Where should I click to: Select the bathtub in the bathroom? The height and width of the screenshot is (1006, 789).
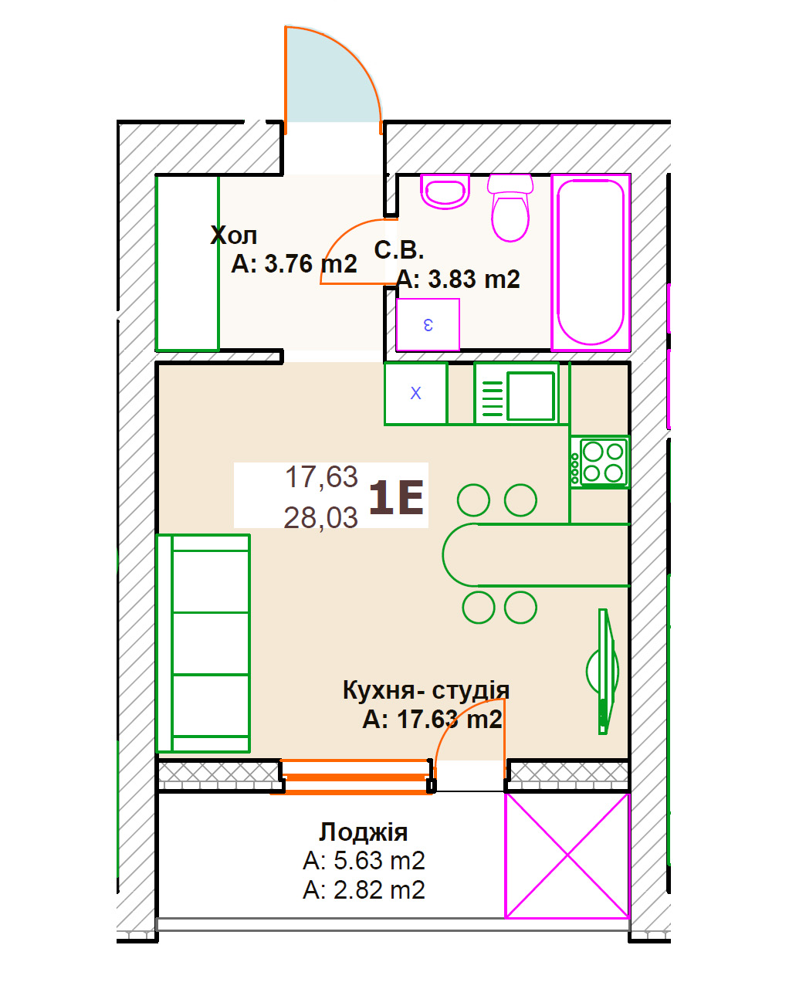(591, 262)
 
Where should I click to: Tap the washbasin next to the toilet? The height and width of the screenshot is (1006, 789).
(445, 191)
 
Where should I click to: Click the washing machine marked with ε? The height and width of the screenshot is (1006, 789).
(428, 324)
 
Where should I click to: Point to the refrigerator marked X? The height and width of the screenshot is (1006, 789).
(415, 393)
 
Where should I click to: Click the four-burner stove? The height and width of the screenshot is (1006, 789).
(600, 462)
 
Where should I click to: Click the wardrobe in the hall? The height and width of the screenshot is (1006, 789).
(188, 263)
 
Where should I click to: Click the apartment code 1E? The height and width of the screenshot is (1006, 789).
(396, 498)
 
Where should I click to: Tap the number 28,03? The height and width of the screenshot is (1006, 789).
(320, 517)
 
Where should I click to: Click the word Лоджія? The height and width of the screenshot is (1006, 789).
(364, 832)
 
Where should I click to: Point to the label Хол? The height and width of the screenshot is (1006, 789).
(234, 235)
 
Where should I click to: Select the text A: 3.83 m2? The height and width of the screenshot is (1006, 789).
(459, 279)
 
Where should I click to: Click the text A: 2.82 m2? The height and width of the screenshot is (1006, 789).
(364, 889)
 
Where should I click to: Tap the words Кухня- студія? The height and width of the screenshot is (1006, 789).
(426, 690)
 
